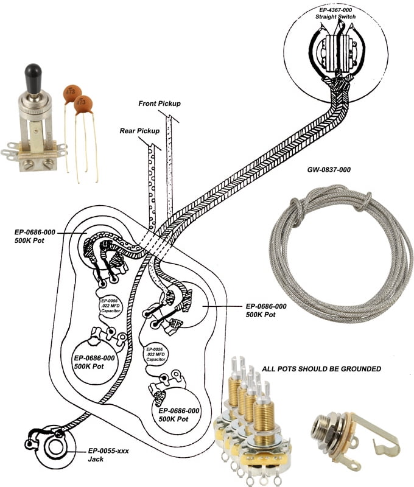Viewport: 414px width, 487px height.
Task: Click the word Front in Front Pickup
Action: click(x=149, y=103)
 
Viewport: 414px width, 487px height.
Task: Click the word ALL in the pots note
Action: click(x=268, y=369)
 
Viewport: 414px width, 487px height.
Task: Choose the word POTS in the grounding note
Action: click(x=287, y=369)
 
